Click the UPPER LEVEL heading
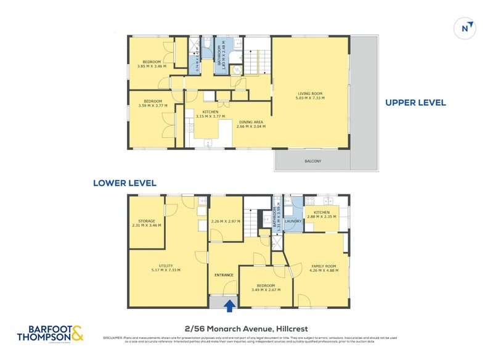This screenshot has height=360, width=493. pyautogui.click(x=415, y=103)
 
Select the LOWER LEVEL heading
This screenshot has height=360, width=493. pyautogui.click(x=124, y=183)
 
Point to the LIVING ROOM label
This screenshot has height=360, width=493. pyautogui.click(x=309, y=94)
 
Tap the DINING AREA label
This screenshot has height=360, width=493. pyautogui.click(x=250, y=122)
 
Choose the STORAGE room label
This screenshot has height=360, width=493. pyautogui.click(x=146, y=221)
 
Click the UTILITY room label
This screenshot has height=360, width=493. pyautogui.click(x=165, y=266)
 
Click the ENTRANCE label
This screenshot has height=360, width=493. pyautogui.click(x=223, y=274)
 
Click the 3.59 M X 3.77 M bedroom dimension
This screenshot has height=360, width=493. pyautogui.click(x=153, y=105)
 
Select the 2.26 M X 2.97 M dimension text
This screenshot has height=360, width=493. pyautogui.click(x=226, y=221)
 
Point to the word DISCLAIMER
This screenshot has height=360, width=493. pyautogui.click(x=113, y=338)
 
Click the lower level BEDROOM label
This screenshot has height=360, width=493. pyautogui.click(x=266, y=285)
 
